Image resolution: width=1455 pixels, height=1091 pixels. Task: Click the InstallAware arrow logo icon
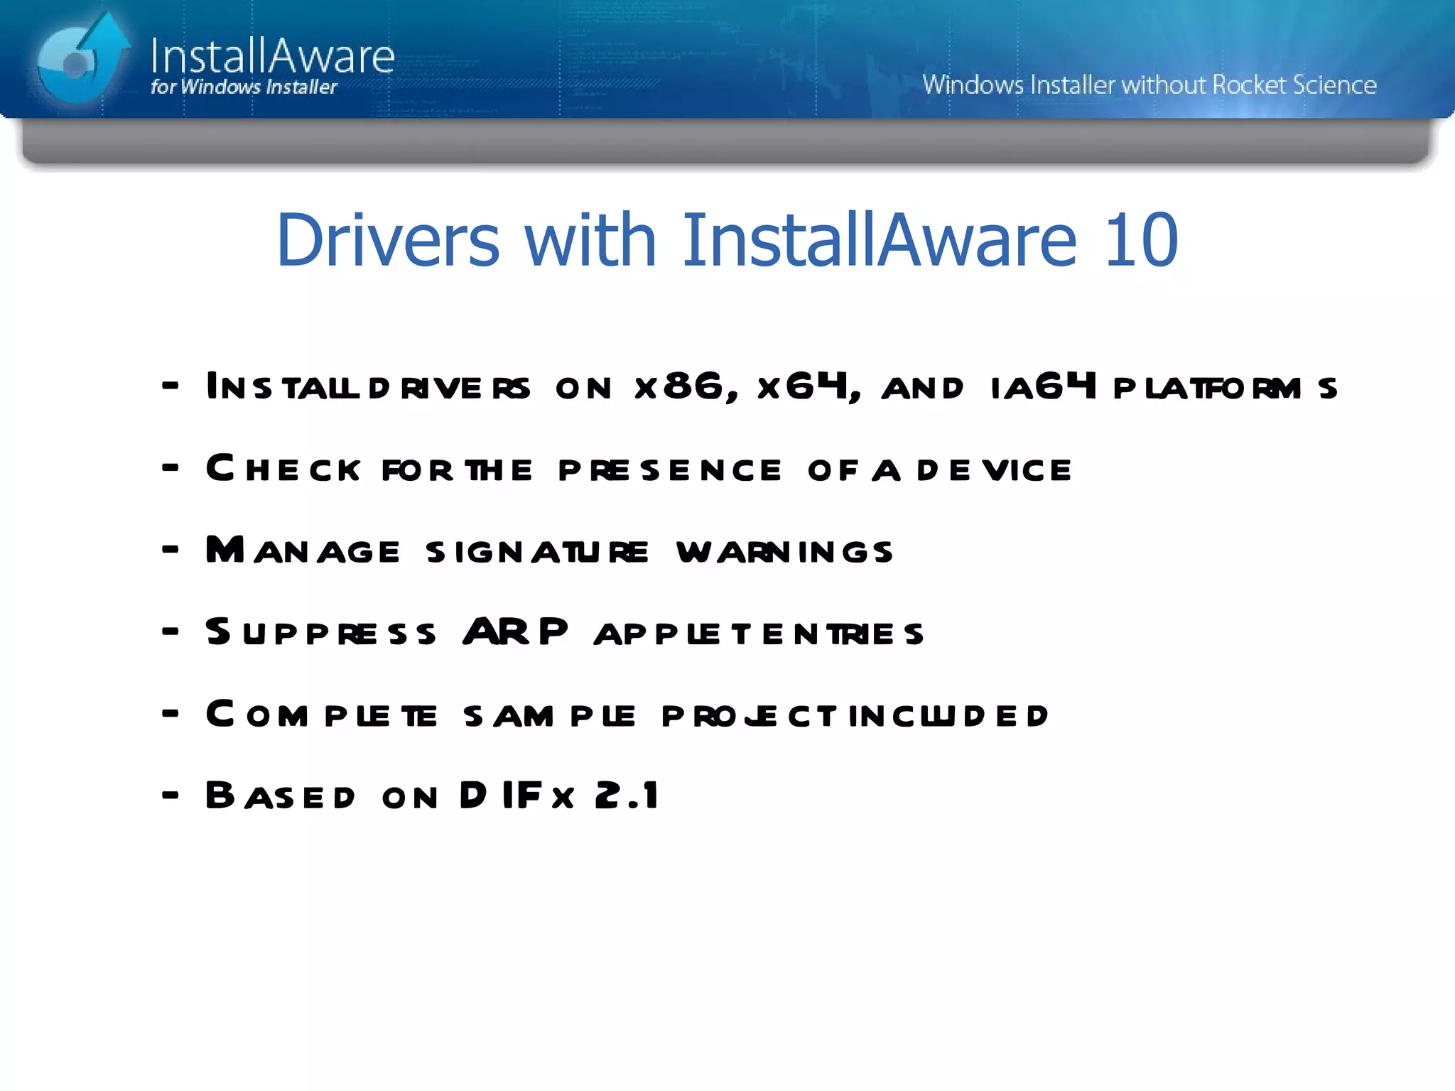[80, 60]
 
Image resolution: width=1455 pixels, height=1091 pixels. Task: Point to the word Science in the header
[1334, 85]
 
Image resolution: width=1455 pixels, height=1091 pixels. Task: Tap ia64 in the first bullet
[1044, 387]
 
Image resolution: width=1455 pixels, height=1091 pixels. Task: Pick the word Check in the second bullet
[283, 469]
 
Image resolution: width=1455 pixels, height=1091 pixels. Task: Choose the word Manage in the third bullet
[303, 550]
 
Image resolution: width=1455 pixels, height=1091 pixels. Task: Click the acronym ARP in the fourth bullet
[515, 631]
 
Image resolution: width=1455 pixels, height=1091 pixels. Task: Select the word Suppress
[320, 633]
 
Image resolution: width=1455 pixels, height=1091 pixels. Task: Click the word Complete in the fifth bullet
[321, 715]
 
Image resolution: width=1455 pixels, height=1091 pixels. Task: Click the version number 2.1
[627, 796]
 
